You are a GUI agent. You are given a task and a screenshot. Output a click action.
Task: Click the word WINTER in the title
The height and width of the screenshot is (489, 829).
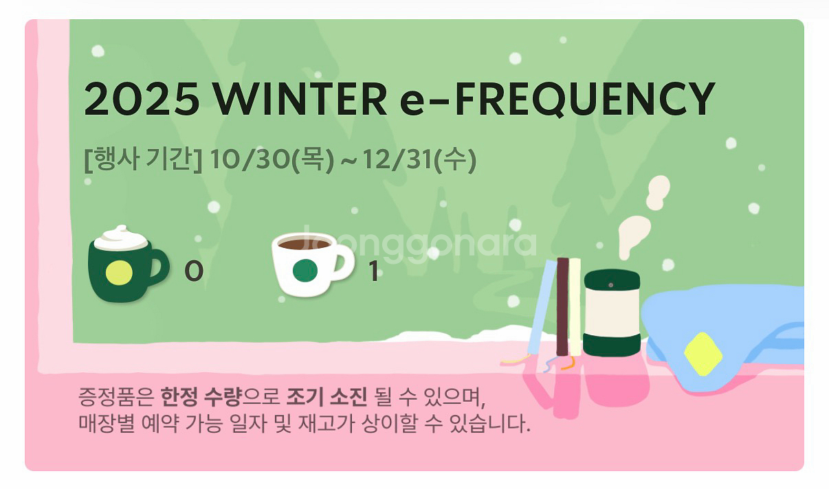300,100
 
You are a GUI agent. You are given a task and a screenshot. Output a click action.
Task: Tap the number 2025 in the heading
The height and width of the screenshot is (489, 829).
142,100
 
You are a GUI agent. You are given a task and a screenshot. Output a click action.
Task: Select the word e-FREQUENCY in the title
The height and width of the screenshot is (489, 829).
556,100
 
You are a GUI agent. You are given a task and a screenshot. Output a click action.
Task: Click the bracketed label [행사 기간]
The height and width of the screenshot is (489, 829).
143,161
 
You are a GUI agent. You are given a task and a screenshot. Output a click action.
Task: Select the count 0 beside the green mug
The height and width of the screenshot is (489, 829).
194,273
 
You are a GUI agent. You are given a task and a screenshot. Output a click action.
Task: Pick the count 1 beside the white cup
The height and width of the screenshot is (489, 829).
374,273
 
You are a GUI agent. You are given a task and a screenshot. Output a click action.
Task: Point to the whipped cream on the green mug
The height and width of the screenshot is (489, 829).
121,238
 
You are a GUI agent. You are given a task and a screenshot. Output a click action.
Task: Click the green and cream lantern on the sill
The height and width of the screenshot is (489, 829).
612,312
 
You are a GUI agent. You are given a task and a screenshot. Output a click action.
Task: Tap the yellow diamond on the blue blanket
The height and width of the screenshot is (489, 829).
703,354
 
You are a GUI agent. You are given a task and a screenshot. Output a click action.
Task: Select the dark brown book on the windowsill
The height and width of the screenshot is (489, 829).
562,306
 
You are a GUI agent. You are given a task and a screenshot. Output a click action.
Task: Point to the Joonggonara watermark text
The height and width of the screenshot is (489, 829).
419,242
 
